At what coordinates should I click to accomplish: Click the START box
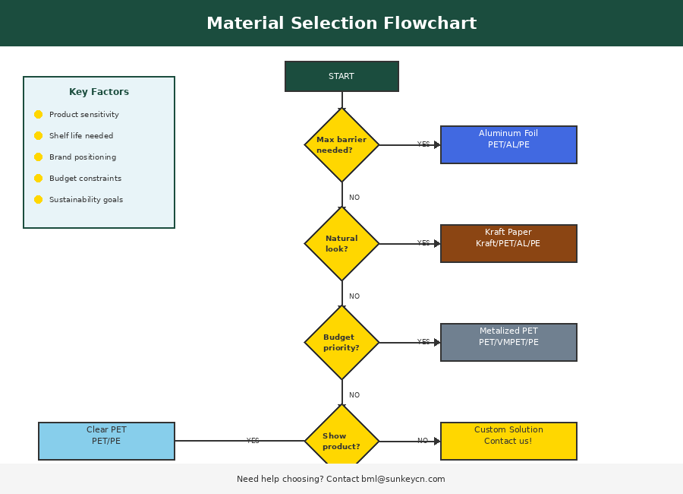click(341, 76)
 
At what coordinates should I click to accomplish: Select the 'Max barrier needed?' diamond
click(341, 144)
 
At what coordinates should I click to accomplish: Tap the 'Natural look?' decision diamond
click(341, 243)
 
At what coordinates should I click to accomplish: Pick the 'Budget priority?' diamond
click(341, 342)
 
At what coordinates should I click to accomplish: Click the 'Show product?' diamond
click(341, 439)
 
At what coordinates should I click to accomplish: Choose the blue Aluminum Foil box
click(508, 144)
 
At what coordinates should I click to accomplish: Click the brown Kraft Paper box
click(508, 243)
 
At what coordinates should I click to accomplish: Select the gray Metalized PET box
click(508, 342)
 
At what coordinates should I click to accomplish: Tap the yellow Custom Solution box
click(508, 441)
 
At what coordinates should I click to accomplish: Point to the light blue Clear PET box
click(106, 441)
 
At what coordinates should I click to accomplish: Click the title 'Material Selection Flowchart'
click(341, 24)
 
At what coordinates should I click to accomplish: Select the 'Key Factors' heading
click(99, 92)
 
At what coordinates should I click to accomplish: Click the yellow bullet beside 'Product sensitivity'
click(38, 115)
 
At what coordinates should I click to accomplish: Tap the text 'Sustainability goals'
click(86, 200)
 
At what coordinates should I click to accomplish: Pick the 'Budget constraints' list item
click(85, 179)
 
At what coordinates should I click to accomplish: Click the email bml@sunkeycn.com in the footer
click(403, 480)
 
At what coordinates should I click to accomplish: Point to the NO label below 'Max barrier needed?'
click(354, 198)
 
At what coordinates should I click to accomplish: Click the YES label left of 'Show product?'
click(253, 441)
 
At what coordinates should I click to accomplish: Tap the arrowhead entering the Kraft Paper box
click(437, 243)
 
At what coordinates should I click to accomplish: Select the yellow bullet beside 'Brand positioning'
click(38, 157)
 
